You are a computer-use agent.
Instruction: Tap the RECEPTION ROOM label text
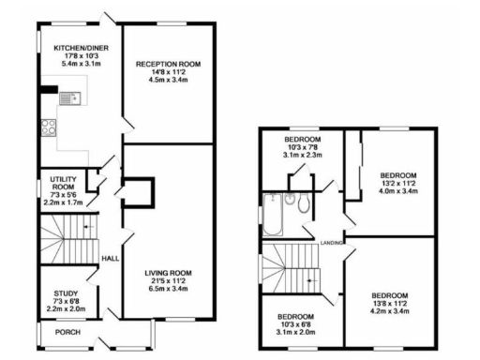coord(169,64)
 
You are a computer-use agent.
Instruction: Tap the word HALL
coord(110,256)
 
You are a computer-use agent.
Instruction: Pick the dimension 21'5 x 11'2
coord(169,281)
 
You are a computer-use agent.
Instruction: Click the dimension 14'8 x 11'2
coord(169,72)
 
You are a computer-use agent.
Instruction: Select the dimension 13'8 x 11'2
coord(387,303)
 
